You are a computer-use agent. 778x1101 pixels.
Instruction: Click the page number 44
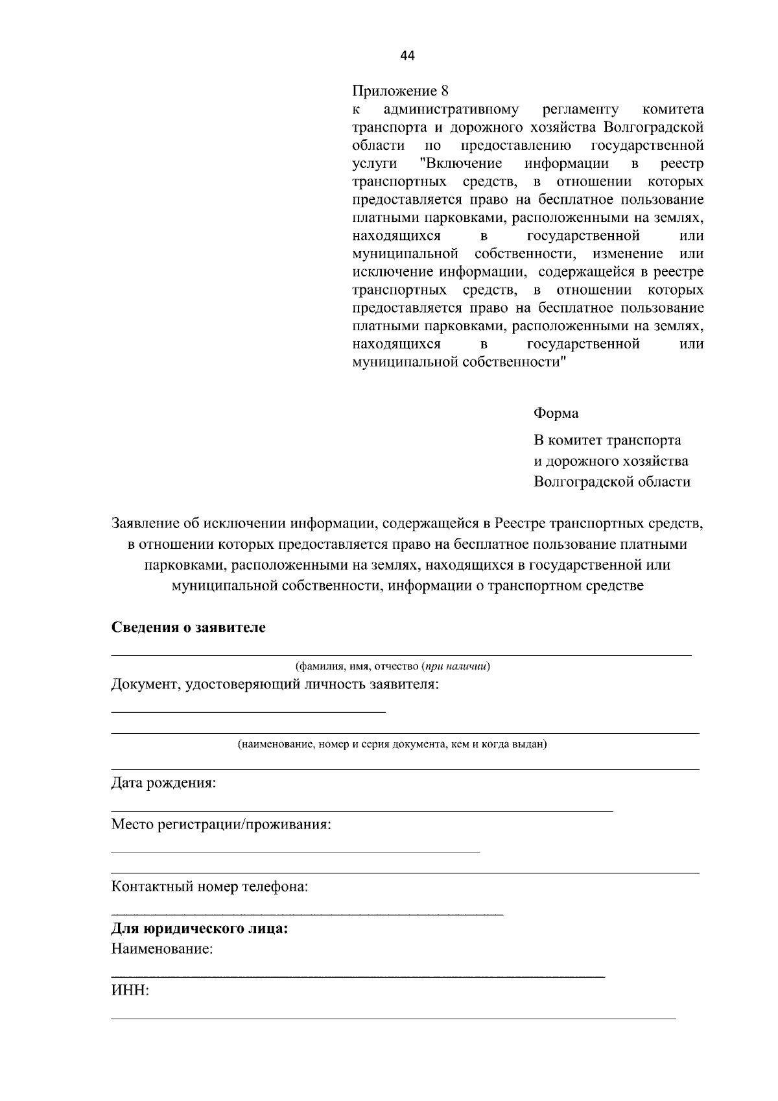(x=407, y=56)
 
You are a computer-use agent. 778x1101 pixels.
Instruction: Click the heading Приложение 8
(x=400, y=91)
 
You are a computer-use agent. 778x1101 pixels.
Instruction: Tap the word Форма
(x=556, y=413)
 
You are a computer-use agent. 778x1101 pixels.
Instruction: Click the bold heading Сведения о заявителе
(x=189, y=627)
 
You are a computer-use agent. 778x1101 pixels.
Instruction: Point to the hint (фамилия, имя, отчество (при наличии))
(x=392, y=666)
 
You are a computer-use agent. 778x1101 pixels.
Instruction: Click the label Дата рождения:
(x=163, y=783)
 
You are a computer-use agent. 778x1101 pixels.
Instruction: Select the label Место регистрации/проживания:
(x=221, y=825)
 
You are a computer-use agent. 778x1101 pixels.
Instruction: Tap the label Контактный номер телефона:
(x=209, y=886)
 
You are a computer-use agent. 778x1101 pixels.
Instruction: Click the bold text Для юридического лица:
(x=200, y=928)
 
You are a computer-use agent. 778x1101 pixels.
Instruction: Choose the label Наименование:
(x=162, y=949)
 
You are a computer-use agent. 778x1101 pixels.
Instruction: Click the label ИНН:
(x=130, y=991)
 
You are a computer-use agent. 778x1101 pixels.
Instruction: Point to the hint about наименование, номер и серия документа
(x=392, y=744)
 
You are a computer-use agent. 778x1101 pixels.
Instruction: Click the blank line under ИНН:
(x=392, y=1018)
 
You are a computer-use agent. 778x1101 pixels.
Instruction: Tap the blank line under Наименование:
(x=357, y=976)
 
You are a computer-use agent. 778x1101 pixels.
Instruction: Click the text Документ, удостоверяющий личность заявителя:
(x=275, y=684)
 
